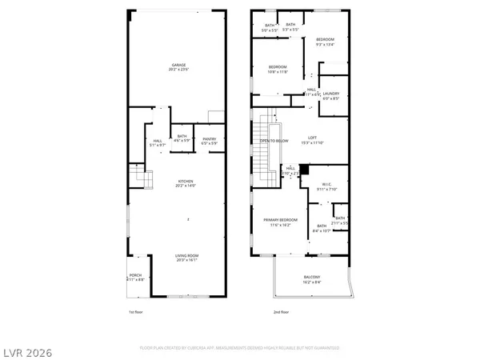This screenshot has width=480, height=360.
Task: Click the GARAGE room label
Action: [178, 66]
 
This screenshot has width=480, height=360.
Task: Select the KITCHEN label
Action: [186, 182]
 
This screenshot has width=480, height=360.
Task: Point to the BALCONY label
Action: [313, 279]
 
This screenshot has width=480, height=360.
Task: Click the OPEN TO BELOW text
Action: [273, 141]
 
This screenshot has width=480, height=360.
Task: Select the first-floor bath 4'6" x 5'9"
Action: [182, 138]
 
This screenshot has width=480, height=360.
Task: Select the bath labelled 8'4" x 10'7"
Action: [322, 228]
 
